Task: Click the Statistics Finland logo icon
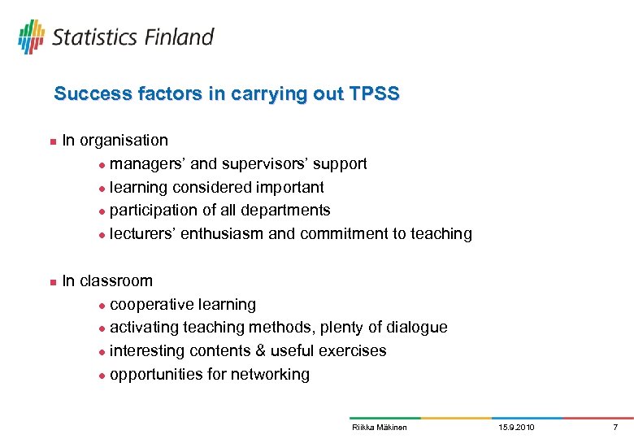point(31,37)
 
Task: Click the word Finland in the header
point(180,37)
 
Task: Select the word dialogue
point(415,328)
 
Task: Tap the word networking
point(270,375)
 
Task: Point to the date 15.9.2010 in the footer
point(516,428)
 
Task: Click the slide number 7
point(615,428)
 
